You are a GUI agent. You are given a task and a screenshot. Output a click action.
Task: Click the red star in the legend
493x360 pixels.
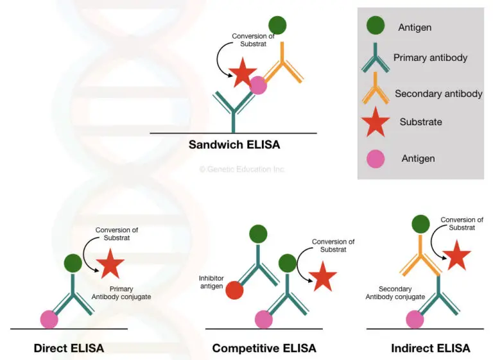pyautogui.click(x=376, y=122)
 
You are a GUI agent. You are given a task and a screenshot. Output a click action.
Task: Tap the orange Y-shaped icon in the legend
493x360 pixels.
pyautogui.click(x=376, y=91)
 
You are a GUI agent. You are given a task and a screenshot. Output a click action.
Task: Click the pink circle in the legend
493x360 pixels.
pyautogui.click(x=376, y=157)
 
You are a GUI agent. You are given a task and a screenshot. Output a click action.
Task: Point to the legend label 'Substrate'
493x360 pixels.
pyautogui.click(x=420, y=122)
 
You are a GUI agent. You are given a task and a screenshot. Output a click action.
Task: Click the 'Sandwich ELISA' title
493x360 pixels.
pyautogui.click(x=234, y=144)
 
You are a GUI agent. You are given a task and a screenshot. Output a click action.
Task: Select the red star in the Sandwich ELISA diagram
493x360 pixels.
pyautogui.click(x=243, y=73)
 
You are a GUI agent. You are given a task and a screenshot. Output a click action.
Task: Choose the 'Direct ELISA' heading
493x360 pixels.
pyautogui.click(x=69, y=348)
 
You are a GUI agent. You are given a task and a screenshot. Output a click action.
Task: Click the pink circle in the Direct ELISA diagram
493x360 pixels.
pyautogui.click(x=49, y=318)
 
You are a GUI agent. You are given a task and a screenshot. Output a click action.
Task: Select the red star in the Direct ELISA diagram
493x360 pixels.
pyautogui.click(x=110, y=264)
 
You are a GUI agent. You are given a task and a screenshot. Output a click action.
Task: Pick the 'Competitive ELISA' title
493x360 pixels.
pyautogui.click(x=264, y=348)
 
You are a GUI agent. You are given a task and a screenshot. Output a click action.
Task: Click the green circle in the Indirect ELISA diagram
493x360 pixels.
pyautogui.click(x=420, y=225)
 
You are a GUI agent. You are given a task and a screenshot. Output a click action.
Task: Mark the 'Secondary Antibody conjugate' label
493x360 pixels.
pyautogui.click(x=395, y=293)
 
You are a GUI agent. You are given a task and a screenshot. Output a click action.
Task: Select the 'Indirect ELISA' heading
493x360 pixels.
pyautogui.click(x=430, y=348)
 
